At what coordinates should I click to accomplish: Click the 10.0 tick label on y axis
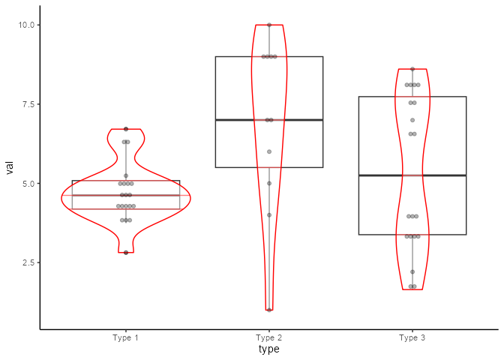pos(26,25)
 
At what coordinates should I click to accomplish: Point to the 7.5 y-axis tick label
pos(28,104)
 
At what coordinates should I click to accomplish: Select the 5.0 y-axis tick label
pos(28,184)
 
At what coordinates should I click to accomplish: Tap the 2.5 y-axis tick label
pos(28,262)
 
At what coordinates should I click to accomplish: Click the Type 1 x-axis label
pos(126,337)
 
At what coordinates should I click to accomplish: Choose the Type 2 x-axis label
pos(269,337)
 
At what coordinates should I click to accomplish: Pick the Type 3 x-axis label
pos(412,337)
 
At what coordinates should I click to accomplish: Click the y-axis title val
pos(10,167)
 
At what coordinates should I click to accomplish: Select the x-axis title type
pos(269,349)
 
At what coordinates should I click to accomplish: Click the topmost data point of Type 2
pos(269,25)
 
